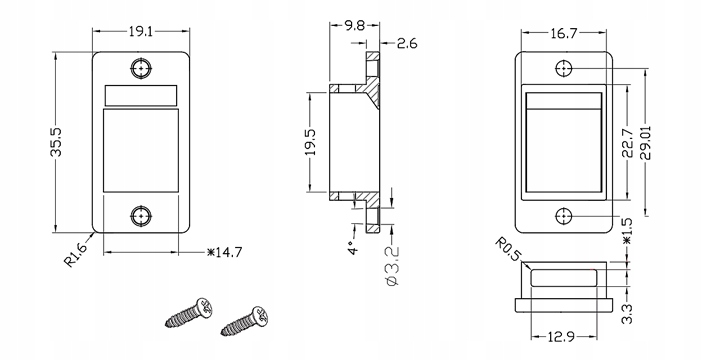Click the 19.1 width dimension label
point(141,32)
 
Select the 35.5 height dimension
point(56,142)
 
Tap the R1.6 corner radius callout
point(75,255)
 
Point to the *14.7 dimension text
point(225,252)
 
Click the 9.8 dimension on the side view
point(354,26)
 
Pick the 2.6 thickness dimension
point(407,44)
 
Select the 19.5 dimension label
point(310,142)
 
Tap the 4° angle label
point(352,248)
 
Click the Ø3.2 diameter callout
point(393,266)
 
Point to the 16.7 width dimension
point(563,34)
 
